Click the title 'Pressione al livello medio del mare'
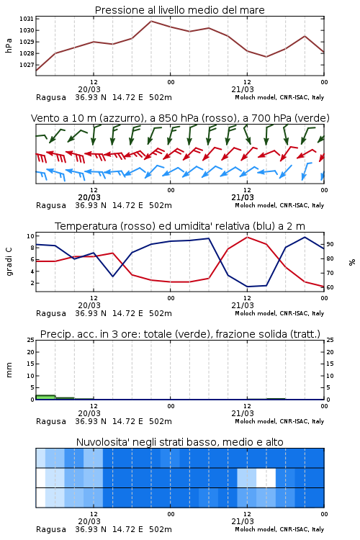(179, 10)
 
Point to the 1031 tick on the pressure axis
(27, 19)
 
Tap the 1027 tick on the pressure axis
(27, 65)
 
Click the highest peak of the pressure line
(151, 21)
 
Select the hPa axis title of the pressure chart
(9, 45)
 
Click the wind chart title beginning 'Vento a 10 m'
(180, 118)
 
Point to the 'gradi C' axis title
(9, 261)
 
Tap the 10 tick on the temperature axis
(30, 236)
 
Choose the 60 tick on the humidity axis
(330, 287)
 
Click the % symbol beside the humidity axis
(352, 262)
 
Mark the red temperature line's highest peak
(247, 237)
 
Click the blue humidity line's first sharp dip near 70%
(112, 276)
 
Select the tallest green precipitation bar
(45, 397)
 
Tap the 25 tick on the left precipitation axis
(30, 340)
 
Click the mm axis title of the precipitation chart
(9, 370)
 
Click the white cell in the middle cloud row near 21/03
(266, 477)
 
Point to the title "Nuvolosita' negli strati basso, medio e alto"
(180, 442)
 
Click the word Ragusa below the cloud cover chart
(51, 529)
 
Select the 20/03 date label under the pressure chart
(89, 89)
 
